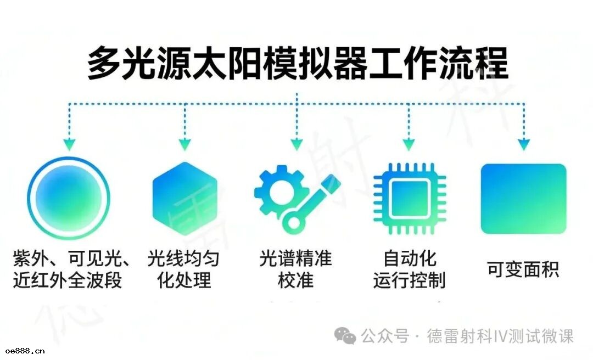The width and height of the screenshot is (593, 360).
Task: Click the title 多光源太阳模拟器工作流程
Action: [297, 63]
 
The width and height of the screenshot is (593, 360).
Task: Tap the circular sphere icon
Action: [69, 198]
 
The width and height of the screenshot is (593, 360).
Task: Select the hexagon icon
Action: [184, 198]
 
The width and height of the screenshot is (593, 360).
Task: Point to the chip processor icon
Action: [409, 198]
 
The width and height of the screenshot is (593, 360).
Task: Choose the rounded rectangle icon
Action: [523, 198]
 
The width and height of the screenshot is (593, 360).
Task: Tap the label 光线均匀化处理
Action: [184, 268]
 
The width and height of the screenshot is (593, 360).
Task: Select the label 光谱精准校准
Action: [296, 268]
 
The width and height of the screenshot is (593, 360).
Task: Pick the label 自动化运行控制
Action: [409, 268]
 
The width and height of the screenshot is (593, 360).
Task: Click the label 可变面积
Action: [523, 269]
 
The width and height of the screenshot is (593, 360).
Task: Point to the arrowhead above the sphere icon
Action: [69, 144]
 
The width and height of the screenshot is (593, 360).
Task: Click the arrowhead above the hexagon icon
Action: [184, 144]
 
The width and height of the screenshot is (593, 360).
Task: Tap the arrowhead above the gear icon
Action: [296, 144]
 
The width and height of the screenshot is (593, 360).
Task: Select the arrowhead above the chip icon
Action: [409, 144]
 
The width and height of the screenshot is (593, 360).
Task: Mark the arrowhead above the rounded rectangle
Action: [523, 144]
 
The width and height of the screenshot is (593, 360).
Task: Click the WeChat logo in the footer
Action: [345, 335]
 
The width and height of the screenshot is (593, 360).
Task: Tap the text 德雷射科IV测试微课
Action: [500, 336]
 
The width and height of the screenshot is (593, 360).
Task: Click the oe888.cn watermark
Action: [25, 351]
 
